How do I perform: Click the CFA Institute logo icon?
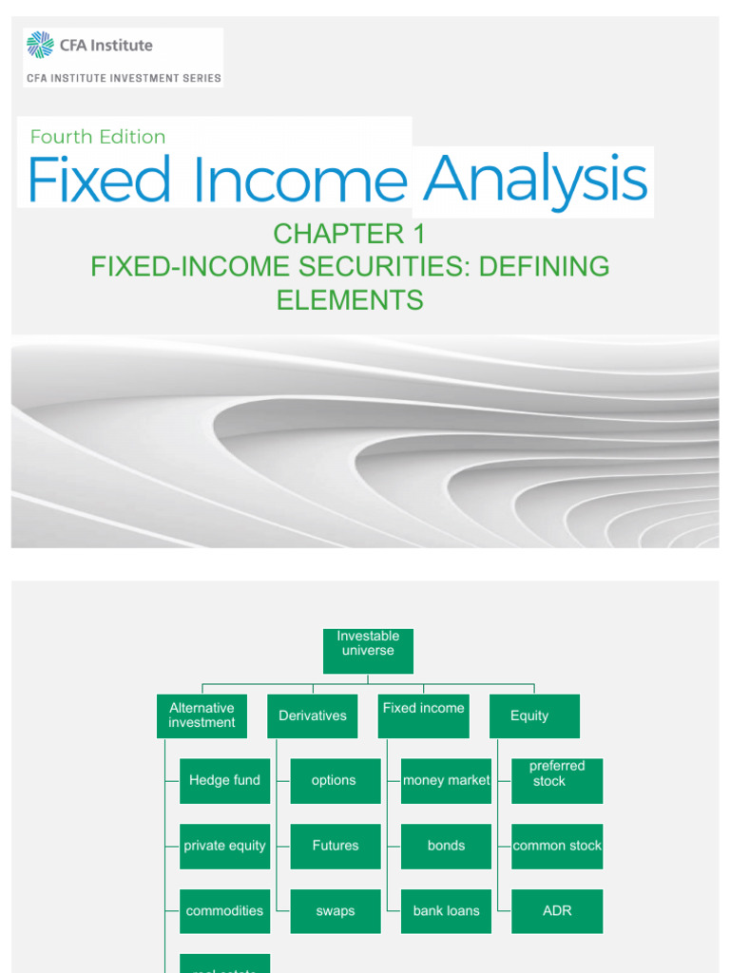click(40, 45)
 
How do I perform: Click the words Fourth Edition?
click(98, 137)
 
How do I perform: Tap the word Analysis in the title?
click(535, 180)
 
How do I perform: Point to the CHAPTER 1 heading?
click(350, 234)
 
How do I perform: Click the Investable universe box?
click(368, 650)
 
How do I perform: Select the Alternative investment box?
click(202, 715)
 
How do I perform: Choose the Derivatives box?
click(313, 715)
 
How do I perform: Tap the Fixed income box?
click(423, 715)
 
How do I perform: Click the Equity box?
click(533, 715)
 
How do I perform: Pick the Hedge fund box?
click(224, 780)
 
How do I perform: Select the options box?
click(335, 780)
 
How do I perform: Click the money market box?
click(446, 780)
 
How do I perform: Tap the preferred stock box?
click(557, 780)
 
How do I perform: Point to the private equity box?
click(224, 846)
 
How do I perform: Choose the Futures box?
click(335, 846)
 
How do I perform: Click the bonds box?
click(446, 846)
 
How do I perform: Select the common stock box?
click(557, 846)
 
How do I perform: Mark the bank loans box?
click(446, 910)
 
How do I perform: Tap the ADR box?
click(557, 910)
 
